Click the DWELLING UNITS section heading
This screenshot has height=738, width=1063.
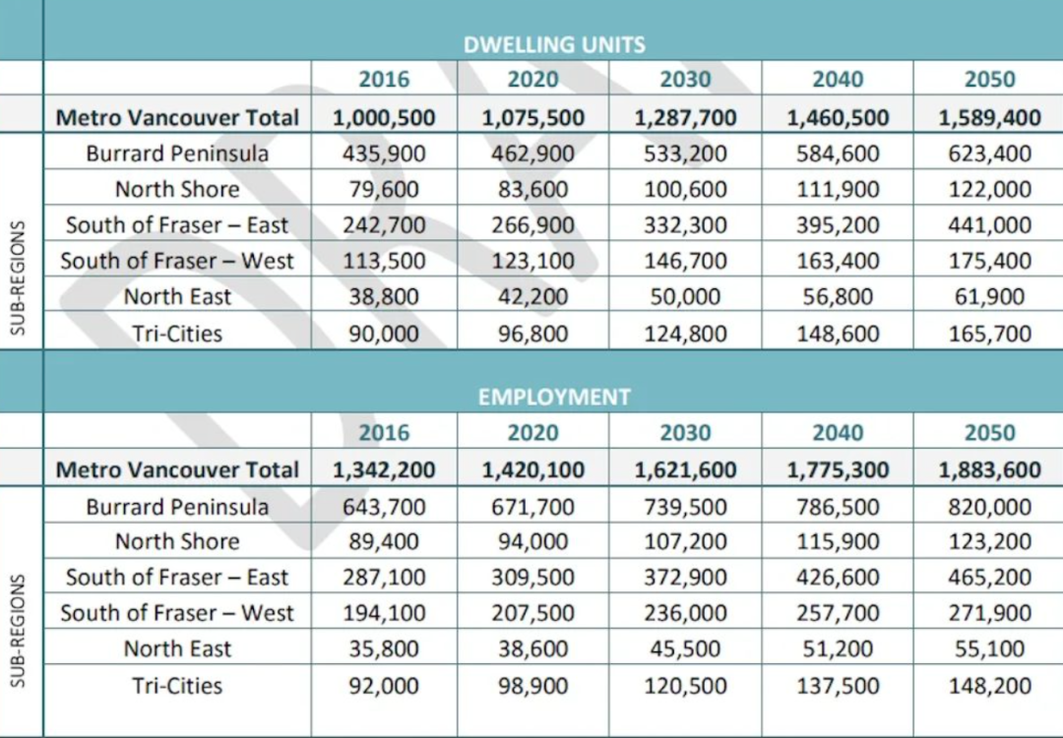coord(554,44)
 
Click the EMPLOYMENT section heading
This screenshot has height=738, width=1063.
coord(554,397)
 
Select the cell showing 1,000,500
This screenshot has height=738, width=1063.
coord(384,118)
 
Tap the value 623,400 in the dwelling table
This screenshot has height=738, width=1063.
coord(989,154)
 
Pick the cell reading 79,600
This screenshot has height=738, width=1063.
coord(384,190)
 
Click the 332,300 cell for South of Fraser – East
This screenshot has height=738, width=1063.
coord(685,225)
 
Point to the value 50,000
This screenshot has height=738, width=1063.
coord(685,297)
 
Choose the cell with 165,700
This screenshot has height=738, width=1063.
coord(989,334)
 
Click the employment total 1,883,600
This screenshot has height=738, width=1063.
coord(989,470)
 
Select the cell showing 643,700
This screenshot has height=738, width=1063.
coord(384,507)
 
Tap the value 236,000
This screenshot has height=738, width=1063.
coord(685,614)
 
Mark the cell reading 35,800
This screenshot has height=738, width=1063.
coord(384,649)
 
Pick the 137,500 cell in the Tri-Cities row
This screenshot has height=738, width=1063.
coord(838,686)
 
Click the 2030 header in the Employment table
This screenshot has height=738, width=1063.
coord(685,433)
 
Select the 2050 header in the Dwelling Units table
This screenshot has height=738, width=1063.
coord(989,80)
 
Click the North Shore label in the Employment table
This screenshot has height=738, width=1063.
coord(177,542)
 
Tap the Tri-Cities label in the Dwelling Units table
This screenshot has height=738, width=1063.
coord(177,334)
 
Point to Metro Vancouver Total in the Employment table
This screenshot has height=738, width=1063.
coord(177,470)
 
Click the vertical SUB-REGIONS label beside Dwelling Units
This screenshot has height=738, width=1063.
coord(18,278)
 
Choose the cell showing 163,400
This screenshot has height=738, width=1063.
coord(838,262)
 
